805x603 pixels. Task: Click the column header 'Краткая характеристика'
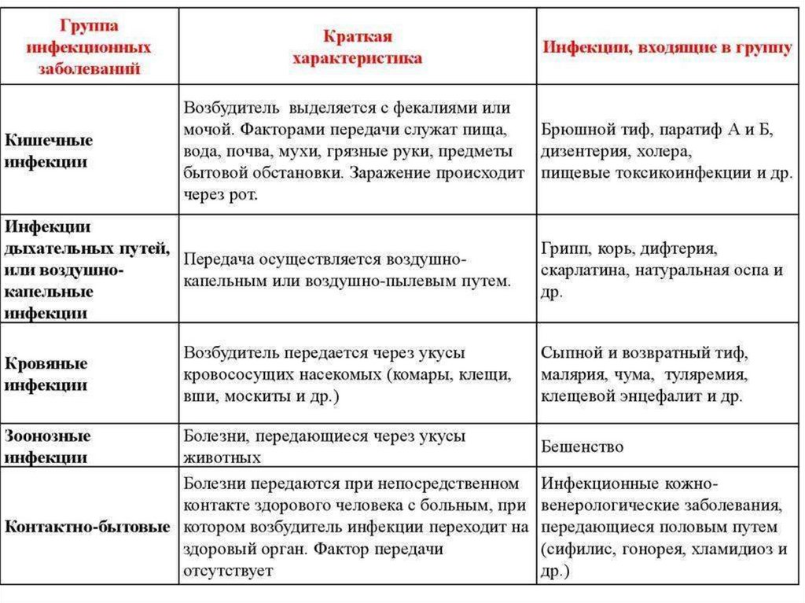click(x=358, y=47)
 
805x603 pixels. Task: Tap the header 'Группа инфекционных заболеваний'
click(x=89, y=47)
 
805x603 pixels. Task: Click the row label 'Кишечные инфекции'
click(x=49, y=150)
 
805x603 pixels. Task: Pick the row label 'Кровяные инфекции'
click(x=46, y=375)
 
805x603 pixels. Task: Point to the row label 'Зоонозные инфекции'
click(x=48, y=446)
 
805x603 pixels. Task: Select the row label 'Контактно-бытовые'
click(x=87, y=526)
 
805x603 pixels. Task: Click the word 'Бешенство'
click(x=583, y=447)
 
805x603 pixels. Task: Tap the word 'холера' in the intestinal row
click(x=665, y=151)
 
